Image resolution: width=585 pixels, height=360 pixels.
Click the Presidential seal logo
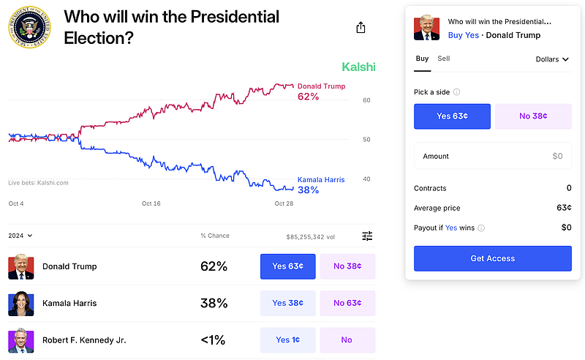pos(30,28)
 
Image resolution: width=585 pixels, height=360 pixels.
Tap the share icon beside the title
pos(361,27)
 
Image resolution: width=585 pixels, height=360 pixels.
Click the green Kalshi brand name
pos(358,67)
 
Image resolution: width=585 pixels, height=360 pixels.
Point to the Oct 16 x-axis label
pos(151,203)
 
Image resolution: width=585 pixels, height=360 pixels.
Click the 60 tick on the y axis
pos(366,100)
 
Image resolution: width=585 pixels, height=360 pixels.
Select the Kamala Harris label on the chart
pos(321,179)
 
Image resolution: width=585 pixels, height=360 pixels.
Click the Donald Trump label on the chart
pos(321,86)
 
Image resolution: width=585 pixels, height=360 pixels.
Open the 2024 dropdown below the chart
pos(20,236)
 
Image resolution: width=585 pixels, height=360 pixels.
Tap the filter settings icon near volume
pos(367,236)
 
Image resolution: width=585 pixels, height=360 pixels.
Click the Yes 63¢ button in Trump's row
pos(287,266)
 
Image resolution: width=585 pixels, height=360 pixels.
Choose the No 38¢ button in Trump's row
pos(347,266)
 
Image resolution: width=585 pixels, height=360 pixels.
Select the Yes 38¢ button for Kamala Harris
pos(287,303)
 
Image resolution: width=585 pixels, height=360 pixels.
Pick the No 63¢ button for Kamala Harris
pos(347,303)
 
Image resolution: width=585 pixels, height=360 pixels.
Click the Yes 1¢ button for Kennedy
pos(287,340)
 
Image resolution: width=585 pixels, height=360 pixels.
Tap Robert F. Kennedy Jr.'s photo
pos(21,340)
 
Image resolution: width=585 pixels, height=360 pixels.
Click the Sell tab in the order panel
pos(444,59)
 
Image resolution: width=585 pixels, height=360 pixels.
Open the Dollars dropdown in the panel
pos(552,59)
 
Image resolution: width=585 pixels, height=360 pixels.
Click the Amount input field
pos(493,156)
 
